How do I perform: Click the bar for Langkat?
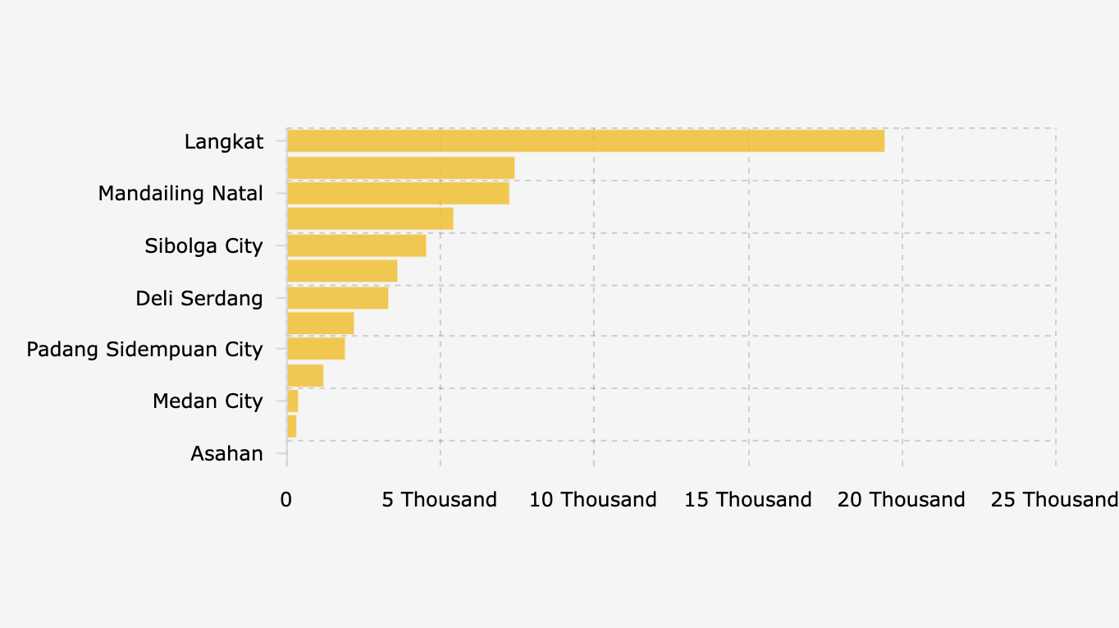(x=586, y=141)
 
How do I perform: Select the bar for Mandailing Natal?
(x=398, y=193)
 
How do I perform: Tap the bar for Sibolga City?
(x=356, y=245)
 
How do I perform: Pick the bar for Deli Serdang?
(x=337, y=297)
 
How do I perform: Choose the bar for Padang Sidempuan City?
(x=316, y=349)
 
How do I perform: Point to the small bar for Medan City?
(x=292, y=401)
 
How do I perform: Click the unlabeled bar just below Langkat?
(x=400, y=167)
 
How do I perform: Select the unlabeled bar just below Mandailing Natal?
(x=370, y=219)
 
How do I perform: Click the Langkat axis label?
(x=224, y=142)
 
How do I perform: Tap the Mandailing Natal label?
(x=180, y=194)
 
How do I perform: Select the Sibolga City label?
(x=203, y=245)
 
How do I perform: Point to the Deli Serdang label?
(x=199, y=298)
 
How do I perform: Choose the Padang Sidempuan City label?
(x=144, y=350)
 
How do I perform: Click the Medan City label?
(x=208, y=401)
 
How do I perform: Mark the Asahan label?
(x=226, y=453)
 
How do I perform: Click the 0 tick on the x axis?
(x=286, y=500)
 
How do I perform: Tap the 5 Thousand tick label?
(x=440, y=500)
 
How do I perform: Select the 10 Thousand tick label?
(x=593, y=500)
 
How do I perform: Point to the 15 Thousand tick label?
(x=748, y=500)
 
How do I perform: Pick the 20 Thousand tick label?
(x=902, y=500)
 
